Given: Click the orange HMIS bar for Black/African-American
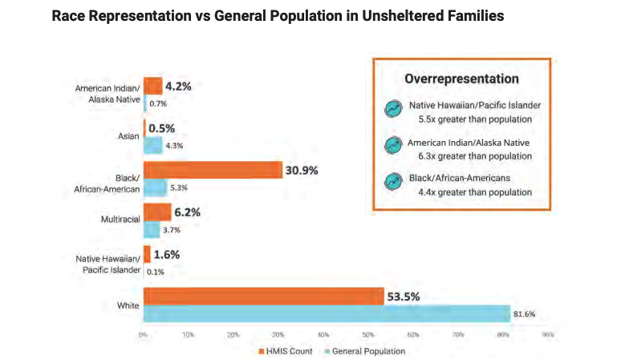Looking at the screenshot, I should tap(213, 170).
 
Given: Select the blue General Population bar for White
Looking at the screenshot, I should tap(327, 313).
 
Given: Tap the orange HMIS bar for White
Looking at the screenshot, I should tap(263, 297).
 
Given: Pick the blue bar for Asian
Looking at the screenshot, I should tap(152, 146).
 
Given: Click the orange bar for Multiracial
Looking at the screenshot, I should tap(157, 212).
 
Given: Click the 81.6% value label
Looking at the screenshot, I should tap(527, 313).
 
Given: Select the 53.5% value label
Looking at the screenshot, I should tap(404, 296).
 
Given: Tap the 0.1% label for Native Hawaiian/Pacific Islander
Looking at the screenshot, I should tap(155, 272).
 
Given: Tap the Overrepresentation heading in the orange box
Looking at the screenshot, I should tap(461, 79).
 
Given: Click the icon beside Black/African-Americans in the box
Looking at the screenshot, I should tap(393, 182).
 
